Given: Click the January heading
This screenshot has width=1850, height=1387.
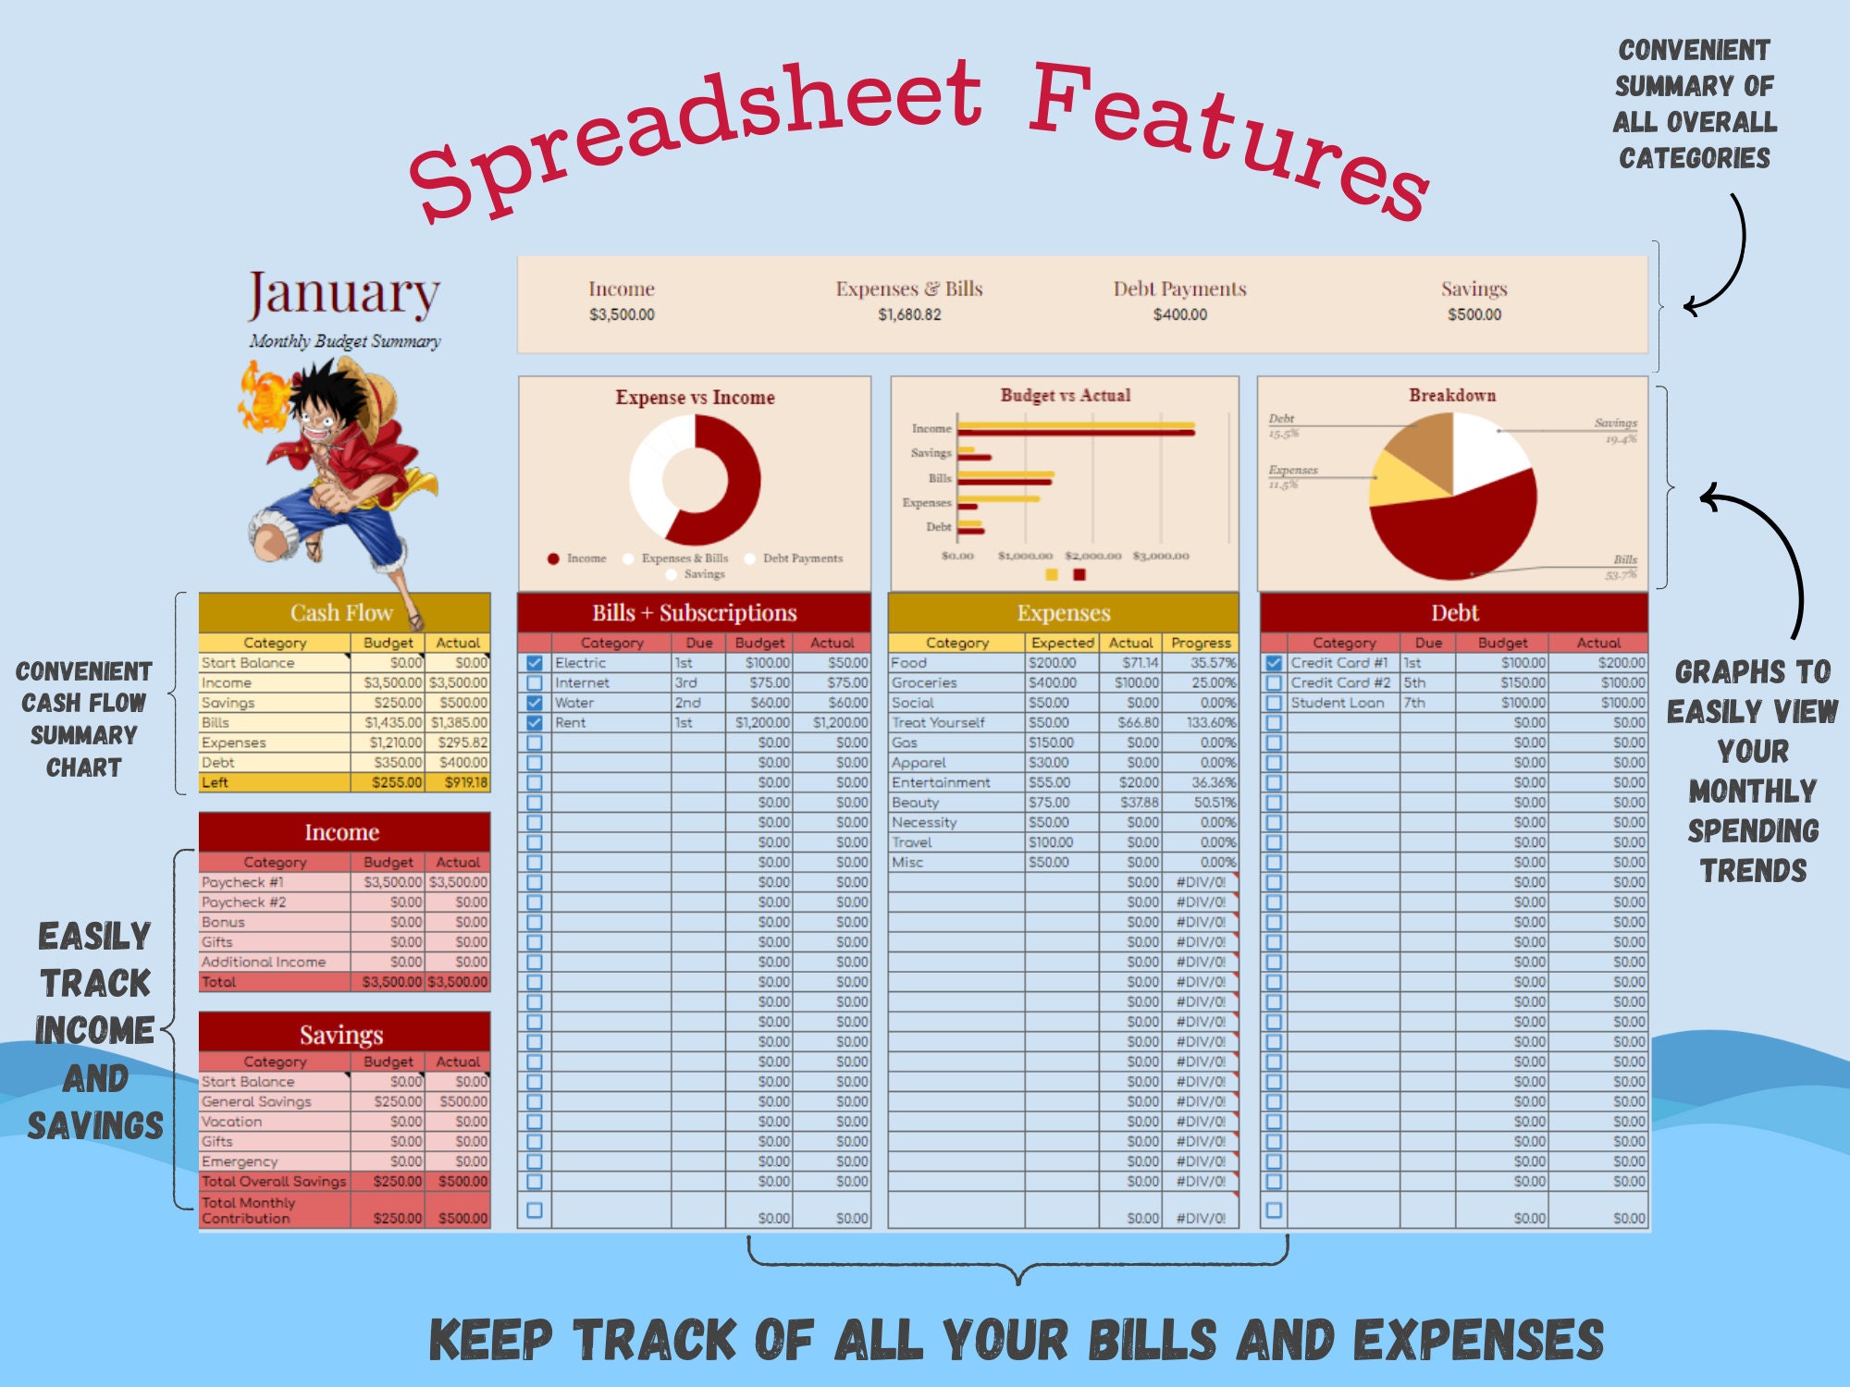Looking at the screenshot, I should coord(344,294).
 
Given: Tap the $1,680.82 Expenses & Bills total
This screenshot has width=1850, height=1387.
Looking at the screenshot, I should coord(909,314).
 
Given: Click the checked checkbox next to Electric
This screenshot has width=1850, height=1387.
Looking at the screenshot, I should coord(535,663).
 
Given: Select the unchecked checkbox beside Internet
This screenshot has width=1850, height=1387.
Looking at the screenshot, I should coord(535,683).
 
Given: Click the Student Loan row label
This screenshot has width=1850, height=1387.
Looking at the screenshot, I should coord(1338,703).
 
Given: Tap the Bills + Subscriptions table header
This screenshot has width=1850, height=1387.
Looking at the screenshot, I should coord(694,613).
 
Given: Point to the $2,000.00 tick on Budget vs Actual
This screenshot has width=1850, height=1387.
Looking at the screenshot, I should coord(1092,556).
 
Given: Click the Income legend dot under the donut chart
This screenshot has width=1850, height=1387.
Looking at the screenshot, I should coord(553,558).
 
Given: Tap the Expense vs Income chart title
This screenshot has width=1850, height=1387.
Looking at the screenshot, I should coord(695,398).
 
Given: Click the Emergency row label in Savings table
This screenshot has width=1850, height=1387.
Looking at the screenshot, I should coord(240,1161).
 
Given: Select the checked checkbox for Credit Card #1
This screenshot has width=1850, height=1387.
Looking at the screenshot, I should coord(1274,663).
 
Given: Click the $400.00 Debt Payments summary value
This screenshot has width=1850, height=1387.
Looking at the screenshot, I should coord(1179,314).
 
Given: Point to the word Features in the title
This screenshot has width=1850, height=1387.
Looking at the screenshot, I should coord(1230,139).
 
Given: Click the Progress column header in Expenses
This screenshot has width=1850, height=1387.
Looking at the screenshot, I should coord(1201,643).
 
